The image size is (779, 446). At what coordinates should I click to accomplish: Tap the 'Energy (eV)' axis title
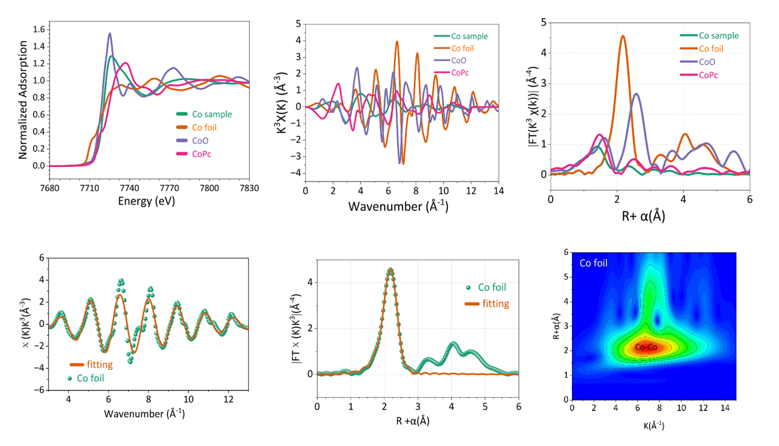point(146,201)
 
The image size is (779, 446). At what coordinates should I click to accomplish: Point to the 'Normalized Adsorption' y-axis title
point(23,100)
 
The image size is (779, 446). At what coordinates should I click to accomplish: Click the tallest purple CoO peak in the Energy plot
point(110,33)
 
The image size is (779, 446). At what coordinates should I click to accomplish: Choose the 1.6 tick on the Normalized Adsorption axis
point(38,29)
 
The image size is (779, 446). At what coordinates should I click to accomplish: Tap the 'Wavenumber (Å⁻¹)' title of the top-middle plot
point(398,206)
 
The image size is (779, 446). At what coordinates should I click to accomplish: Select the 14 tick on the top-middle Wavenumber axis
point(498,191)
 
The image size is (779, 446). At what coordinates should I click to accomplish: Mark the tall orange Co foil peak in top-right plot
point(623,36)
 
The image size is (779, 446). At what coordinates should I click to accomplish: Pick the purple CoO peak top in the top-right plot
point(636,93)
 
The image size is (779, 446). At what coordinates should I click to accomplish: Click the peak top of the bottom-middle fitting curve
point(390,270)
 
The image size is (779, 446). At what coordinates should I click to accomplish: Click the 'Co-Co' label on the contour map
point(645,347)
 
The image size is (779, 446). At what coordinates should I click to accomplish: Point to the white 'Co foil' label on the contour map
point(593,263)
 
